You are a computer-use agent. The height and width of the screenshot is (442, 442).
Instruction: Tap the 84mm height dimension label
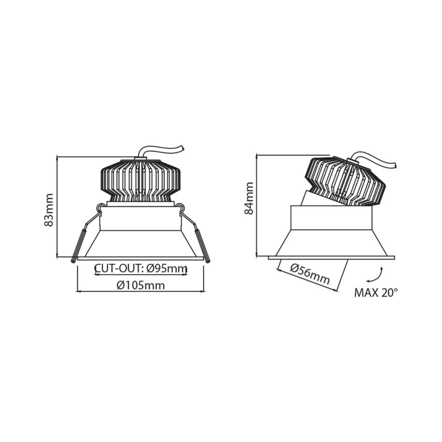tap(249, 198)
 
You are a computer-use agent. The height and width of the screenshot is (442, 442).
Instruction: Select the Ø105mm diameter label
tap(141, 285)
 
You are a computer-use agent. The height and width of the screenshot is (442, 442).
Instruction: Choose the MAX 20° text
tap(376, 293)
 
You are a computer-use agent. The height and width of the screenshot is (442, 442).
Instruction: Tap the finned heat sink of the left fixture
tap(140, 181)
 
